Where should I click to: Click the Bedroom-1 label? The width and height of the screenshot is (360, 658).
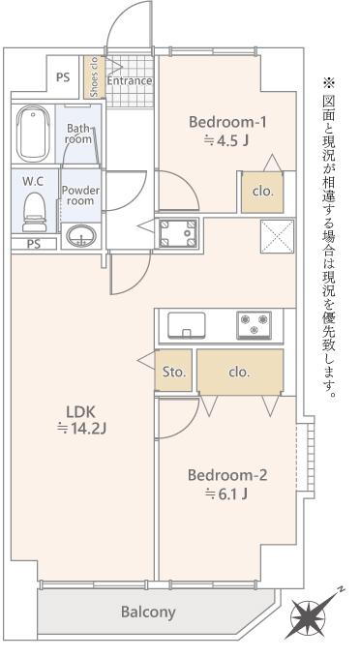pos(227,122)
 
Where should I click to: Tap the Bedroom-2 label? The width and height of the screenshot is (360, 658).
pos(227,475)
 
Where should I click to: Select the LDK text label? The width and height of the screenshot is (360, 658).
pos(82,410)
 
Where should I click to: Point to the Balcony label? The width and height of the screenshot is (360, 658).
pos(148,613)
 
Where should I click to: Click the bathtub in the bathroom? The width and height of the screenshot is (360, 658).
pos(33,133)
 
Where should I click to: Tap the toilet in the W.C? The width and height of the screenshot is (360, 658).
pos(35,212)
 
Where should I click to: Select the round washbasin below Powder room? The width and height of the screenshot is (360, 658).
pos(81,236)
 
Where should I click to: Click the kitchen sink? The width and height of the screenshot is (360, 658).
pos(187,325)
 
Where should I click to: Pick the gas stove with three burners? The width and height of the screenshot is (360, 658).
pos(254,325)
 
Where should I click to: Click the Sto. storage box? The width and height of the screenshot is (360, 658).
pos(173,371)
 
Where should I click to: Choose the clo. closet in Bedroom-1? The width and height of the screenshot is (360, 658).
pos(262,192)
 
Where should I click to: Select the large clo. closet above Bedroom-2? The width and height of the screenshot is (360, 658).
pos(240,372)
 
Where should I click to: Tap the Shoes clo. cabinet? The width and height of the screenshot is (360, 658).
pos(95,77)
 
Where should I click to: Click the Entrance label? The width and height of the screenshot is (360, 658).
pos(130,80)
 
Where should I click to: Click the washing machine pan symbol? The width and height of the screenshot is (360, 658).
pos(179,232)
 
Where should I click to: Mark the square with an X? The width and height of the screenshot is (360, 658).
pos(278,236)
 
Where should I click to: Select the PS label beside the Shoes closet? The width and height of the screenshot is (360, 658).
pos(63,77)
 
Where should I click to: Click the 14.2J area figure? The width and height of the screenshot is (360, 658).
pos(81,429)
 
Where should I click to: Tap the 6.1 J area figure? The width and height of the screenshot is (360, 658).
pos(226,494)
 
